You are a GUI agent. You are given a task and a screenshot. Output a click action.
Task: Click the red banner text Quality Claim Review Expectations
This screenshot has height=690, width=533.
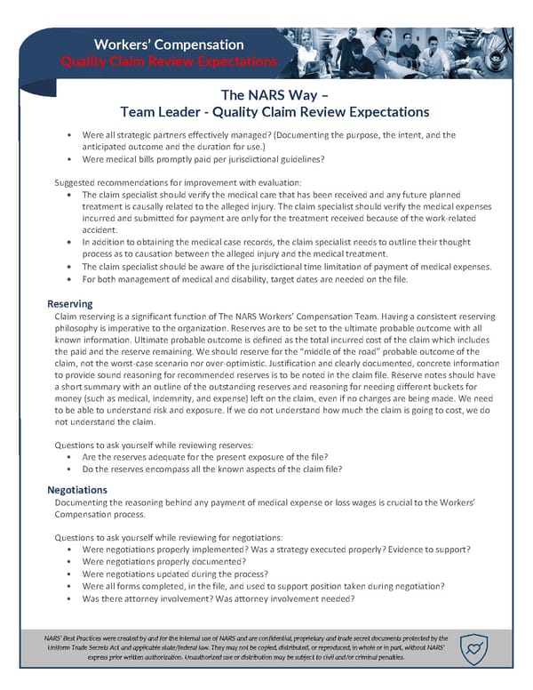[x=168, y=60]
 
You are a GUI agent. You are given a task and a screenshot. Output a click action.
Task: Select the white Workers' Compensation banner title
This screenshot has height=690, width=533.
[x=168, y=44]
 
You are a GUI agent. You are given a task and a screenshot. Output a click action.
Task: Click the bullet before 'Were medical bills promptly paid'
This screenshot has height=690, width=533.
[x=69, y=160]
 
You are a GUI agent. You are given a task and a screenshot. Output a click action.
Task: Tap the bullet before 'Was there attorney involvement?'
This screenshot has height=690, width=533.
[x=69, y=598]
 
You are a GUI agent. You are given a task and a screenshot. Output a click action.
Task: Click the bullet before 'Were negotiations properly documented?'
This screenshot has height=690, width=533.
[x=69, y=561]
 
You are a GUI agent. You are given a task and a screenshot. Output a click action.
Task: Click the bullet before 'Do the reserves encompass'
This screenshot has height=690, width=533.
[x=69, y=469]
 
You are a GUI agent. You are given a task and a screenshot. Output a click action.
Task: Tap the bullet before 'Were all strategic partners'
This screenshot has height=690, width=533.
[x=69, y=135]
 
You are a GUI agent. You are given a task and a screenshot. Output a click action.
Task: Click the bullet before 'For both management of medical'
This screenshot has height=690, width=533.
[x=69, y=278]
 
